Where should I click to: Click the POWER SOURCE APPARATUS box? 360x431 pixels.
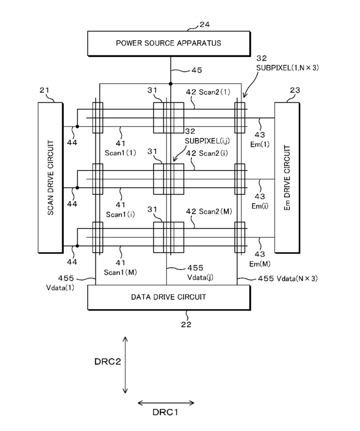(169, 43)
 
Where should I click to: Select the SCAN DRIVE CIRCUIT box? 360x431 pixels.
(51, 178)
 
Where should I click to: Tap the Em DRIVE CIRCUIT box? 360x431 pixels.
(287, 178)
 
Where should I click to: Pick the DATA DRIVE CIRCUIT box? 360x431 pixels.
(169, 298)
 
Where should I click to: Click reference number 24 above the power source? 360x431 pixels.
(205, 25)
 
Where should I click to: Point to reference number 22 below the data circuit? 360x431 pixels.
(186, 324)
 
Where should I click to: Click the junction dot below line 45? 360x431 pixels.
(171, 83)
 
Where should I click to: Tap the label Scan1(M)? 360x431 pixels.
(120, 272)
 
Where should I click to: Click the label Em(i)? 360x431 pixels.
(260, 206)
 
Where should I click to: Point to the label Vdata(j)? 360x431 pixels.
(200, 277)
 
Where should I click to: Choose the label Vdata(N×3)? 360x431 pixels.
(297, 279)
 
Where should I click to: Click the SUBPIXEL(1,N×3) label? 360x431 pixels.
(287, 68)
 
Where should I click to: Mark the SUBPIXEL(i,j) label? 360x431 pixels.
(207, 141)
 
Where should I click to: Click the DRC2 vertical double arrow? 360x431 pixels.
(125, 365)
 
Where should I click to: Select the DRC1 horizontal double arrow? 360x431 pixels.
(166, 403)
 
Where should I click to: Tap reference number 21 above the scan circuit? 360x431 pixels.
(44, 90)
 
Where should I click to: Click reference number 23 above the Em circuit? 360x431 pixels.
(295, 90)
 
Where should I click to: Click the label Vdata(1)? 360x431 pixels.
(60, 288)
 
